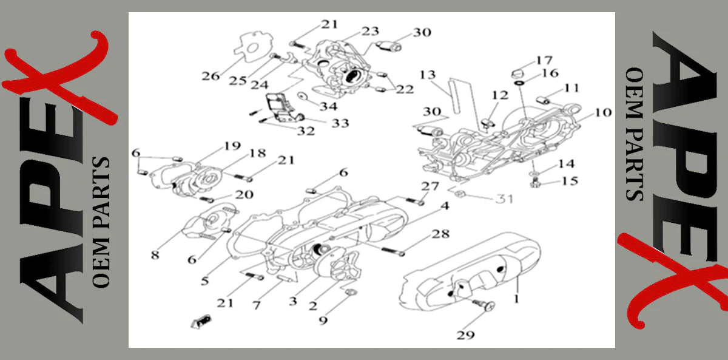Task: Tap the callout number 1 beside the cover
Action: (516, 299)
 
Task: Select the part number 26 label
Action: (211, 76)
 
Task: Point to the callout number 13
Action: (428, 75)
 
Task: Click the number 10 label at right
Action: (603, 112)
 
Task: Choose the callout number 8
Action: (155, 256)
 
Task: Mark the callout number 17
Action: (544, 60)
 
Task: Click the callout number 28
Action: (441, 234)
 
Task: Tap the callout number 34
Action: (329, 106)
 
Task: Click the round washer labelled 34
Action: (302, 97)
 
